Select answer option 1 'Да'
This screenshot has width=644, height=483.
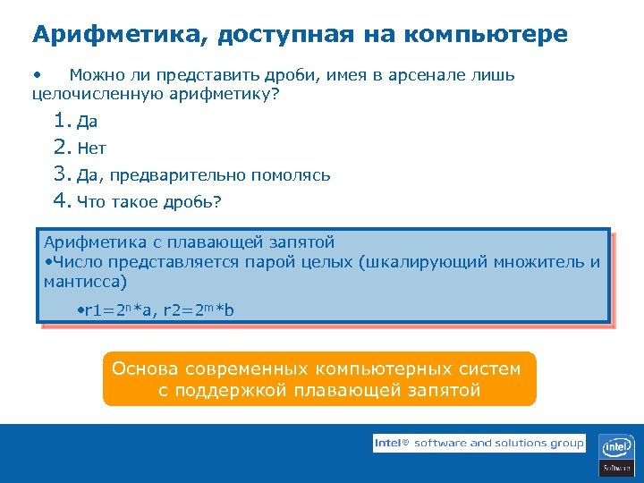[87, 123]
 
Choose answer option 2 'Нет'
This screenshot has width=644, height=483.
[91, 149]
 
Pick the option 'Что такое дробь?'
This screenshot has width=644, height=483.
[148, 202]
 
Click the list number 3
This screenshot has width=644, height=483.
[61, 174]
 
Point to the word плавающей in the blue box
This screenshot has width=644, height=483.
[220, 241]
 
